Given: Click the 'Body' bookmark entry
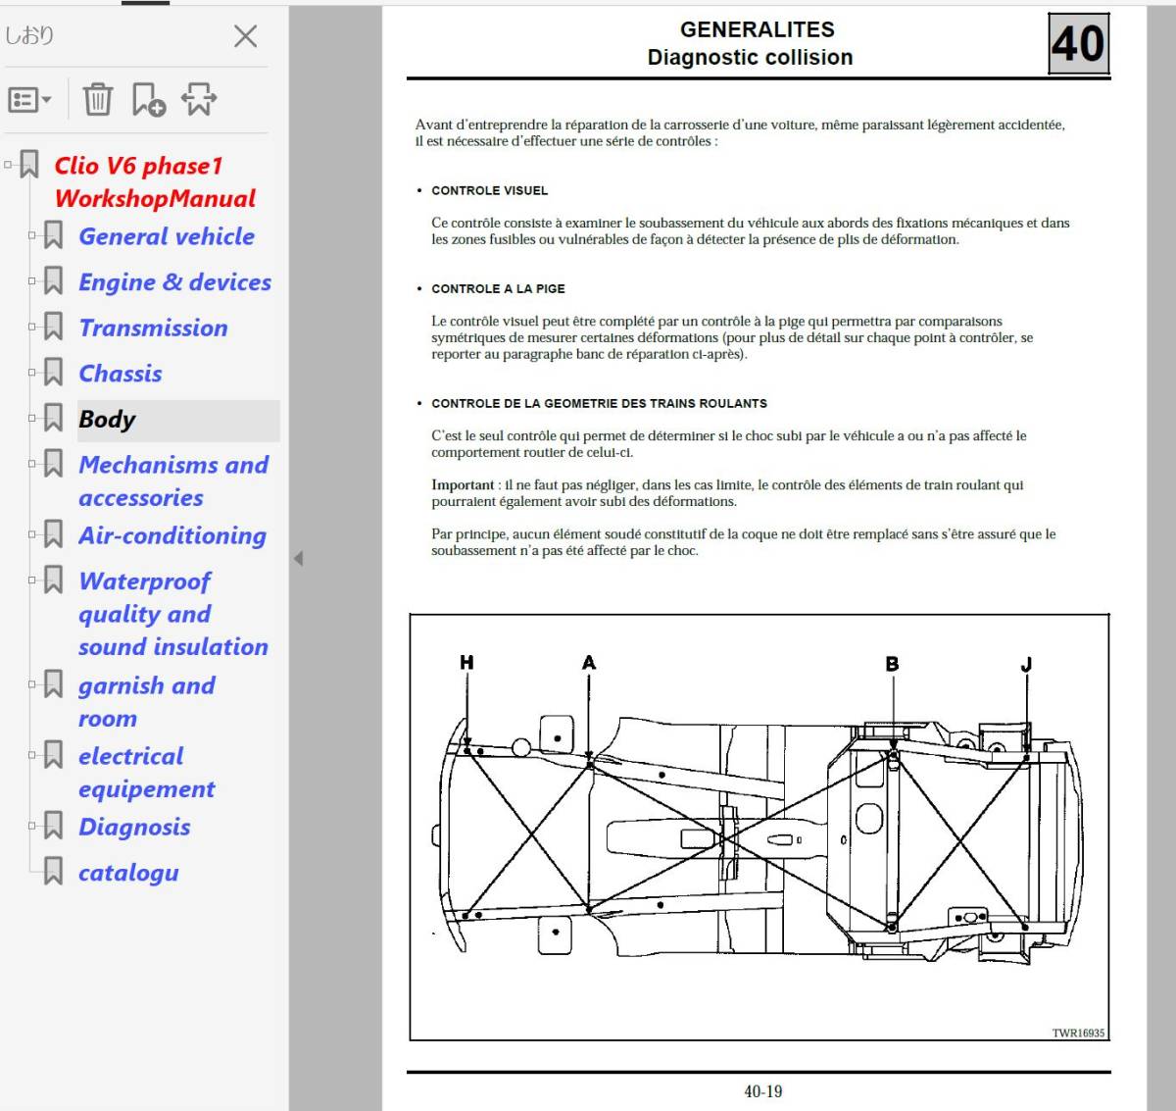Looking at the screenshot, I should (x=107, y=420).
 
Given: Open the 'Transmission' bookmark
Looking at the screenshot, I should (x=153, y=328).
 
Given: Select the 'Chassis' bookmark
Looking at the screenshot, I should (x=120, y=374).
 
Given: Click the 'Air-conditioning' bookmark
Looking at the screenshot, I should (x=171, y=536).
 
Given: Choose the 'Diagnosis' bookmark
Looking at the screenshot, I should (x=134, y=828).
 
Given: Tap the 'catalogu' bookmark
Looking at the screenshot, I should (x=128, y=873).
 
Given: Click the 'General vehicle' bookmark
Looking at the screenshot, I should (x=166, y=237).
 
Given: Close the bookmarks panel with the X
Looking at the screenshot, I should (x=245, y=37).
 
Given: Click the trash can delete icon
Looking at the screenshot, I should (x=98, y=99).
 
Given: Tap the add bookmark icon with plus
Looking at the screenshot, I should (x=148, y=99).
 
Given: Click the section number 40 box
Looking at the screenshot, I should (x=1078, y=44).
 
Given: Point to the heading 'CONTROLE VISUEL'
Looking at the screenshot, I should (x=489, y=191).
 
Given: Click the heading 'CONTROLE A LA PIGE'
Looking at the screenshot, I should (x=498, y=289).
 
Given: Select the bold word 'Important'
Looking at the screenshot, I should (x=463, y=485).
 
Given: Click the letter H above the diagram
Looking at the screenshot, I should (x=466, y=663).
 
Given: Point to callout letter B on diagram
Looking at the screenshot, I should (x=892, y=664).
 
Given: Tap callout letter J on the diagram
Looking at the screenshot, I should (x=1026, y=665).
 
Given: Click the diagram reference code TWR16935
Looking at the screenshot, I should (x=1078, y=1033).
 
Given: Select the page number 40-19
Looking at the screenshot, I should (x=762, y=1091).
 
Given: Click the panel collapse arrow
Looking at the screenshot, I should (x=298, y=558).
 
